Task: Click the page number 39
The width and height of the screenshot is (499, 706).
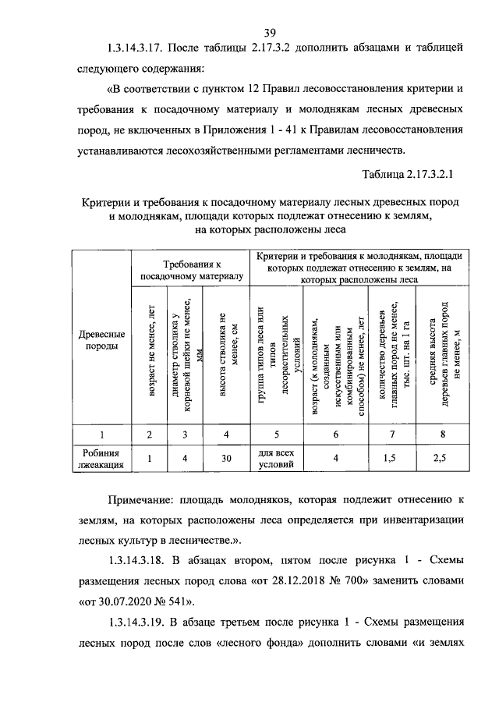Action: point(270,32)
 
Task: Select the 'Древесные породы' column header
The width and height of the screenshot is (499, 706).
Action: point(97,340)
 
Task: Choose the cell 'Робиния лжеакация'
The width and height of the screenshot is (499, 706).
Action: point(97,459)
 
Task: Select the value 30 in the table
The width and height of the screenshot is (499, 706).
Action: point(227,459)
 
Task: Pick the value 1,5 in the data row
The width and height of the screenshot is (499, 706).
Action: point(390,459)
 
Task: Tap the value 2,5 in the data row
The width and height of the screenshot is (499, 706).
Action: point(441,459)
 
